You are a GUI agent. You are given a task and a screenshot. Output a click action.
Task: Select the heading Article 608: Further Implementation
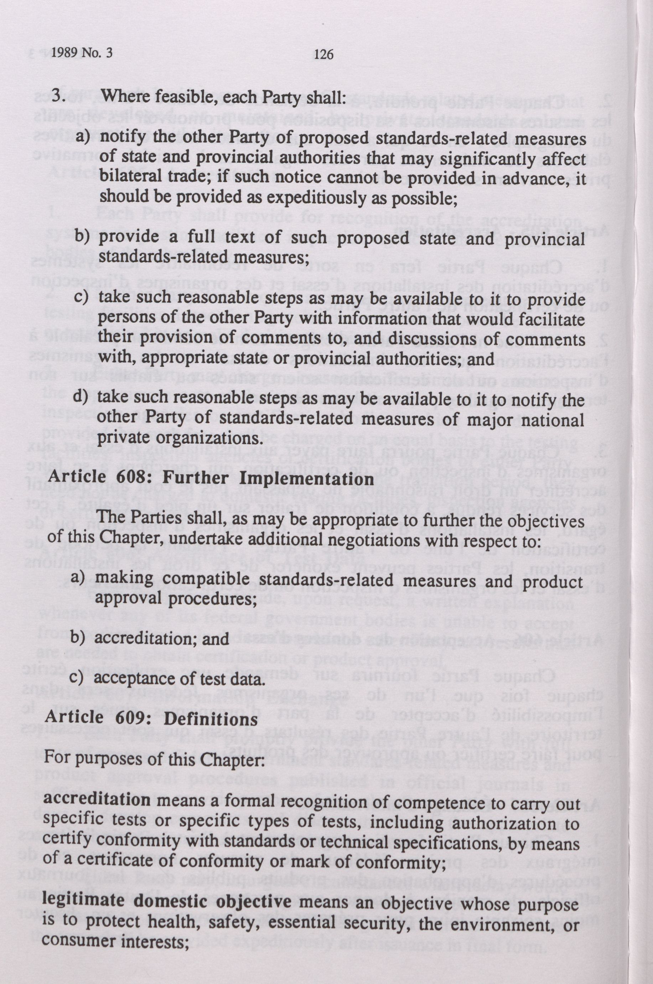click(211, 478)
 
